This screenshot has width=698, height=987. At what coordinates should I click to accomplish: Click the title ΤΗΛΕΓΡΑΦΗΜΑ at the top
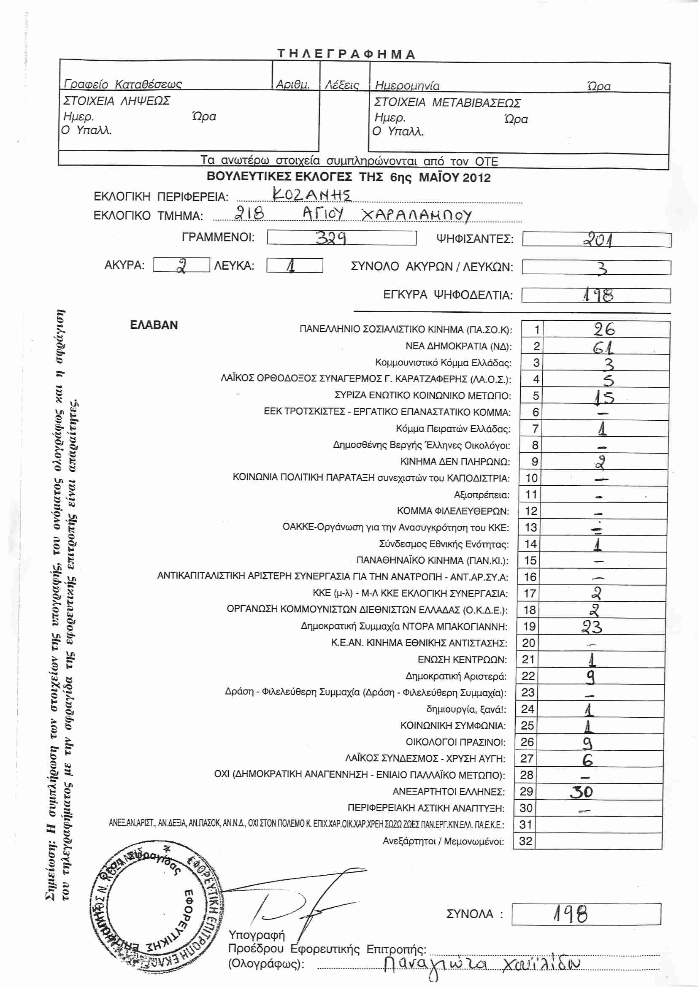346,54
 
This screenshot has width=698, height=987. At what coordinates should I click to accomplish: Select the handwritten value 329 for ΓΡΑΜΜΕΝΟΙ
331,238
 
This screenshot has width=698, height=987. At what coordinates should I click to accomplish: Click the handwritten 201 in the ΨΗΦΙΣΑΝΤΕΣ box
598,239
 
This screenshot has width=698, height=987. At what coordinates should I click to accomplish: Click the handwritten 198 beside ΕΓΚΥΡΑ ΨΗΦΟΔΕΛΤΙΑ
598,295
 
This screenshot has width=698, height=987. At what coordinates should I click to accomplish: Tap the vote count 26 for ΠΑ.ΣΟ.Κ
604,330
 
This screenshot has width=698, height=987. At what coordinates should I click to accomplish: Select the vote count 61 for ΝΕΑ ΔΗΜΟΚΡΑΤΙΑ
603,346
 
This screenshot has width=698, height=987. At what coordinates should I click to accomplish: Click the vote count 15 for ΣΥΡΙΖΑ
604,397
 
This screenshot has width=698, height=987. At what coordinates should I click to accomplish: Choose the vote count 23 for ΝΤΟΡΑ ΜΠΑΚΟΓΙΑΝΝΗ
592,627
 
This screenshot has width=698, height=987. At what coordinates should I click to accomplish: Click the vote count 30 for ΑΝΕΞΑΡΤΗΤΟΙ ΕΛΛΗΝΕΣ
582,792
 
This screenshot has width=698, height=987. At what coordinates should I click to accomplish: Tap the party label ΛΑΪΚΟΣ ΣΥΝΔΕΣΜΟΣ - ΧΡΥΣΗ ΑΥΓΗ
425,759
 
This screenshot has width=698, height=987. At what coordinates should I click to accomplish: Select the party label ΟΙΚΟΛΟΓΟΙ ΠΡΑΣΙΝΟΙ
456,742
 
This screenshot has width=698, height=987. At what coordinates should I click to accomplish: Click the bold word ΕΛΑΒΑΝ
154,325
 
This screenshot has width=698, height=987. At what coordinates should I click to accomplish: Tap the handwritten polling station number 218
249,213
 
